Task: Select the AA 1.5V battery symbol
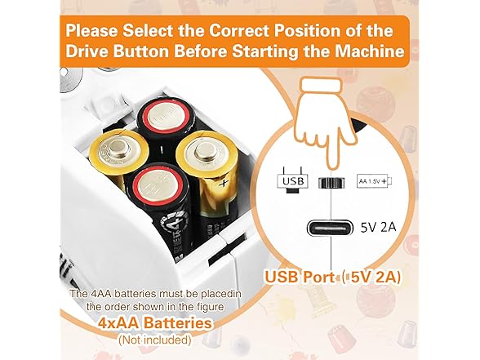pos(375,181)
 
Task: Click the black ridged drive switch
pos(331,183)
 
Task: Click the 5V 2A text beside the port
pos(379,228)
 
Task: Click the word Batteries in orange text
pos(178,323)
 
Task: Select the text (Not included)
pos(155,340)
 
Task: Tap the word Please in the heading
pos(91,31)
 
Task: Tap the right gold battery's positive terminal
pos(204,151)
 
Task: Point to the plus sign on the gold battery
pos(224,184)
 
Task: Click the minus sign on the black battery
pos(162,149)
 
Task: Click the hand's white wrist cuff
pos(321,85)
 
